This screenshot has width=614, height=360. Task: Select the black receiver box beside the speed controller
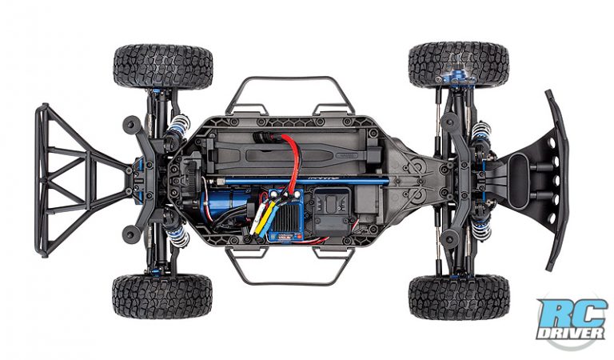click(x=329, y=217)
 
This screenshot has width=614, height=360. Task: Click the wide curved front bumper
click(x=555, y=179)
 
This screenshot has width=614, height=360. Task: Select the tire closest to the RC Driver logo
click(x=458, y=297)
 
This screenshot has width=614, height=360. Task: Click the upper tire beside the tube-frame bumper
click(x=163, y=66)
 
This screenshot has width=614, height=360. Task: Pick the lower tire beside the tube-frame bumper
click(x=163, y=296)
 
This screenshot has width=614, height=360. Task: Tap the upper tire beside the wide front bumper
click(x=458, y=64)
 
